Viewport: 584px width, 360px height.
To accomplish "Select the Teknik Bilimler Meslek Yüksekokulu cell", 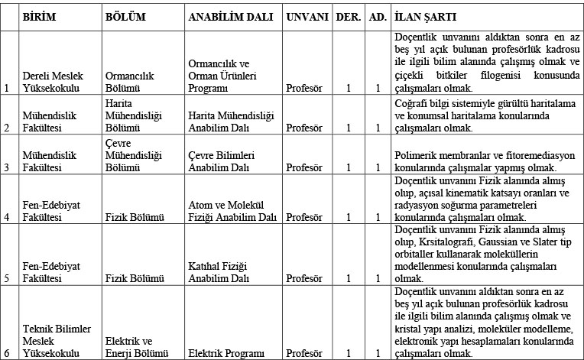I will tap(56, 341).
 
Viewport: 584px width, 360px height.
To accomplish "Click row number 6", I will tap(7, 354).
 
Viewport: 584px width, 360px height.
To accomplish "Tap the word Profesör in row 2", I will tap(304, 128).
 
